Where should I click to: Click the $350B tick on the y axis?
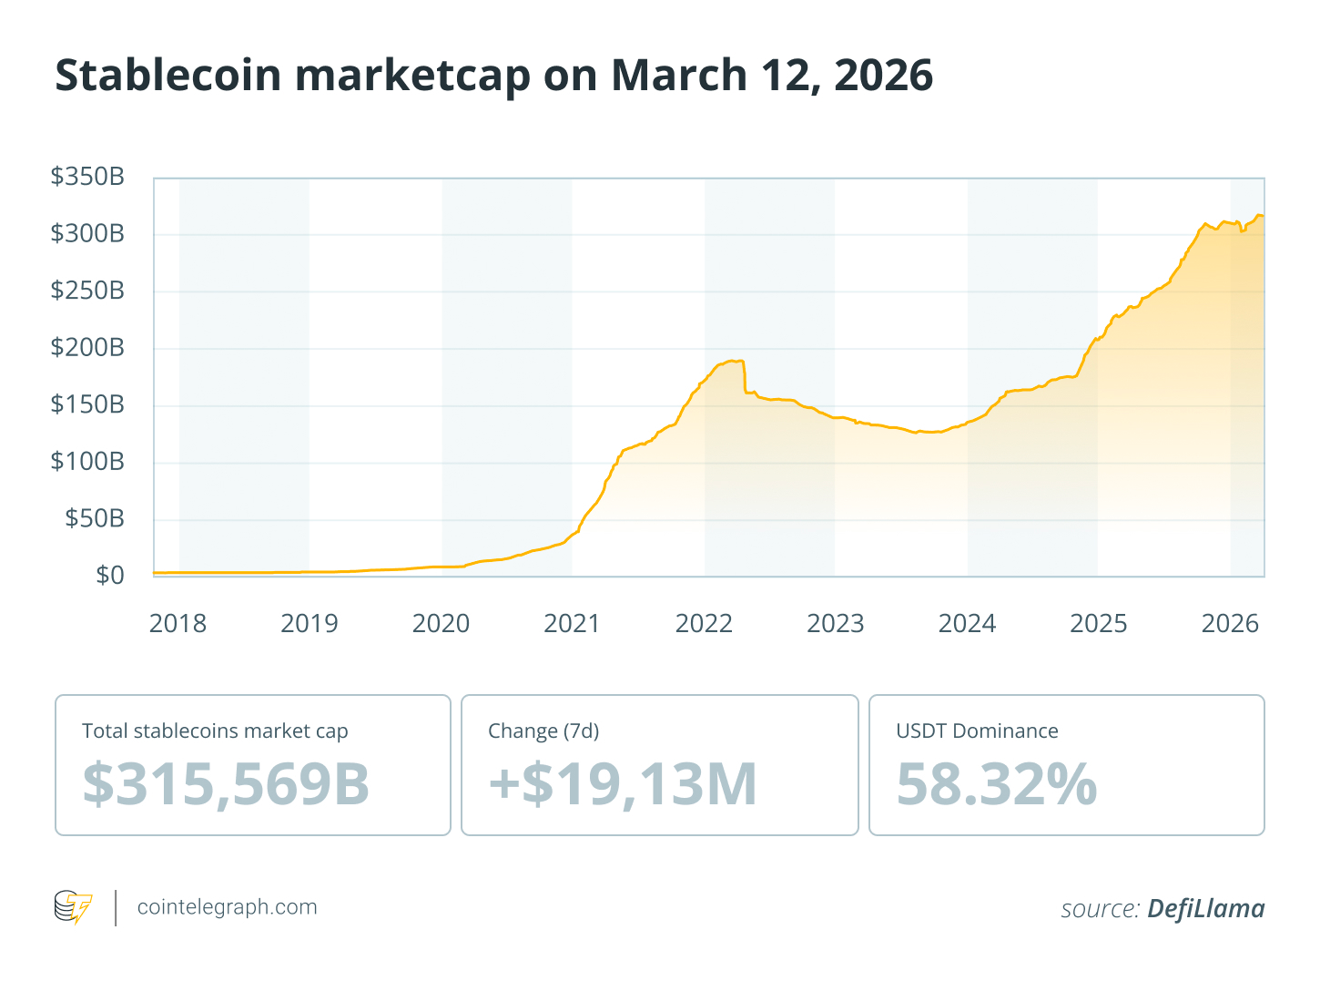tap(87, 177)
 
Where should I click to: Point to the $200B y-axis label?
tap(87, 347)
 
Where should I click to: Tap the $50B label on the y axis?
tap(95, 518)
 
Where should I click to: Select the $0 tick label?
tap(110, 575)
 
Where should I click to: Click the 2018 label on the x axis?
tap(178, 624)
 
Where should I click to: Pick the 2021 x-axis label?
tap(573, 624)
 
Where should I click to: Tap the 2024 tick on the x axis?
tap(967, 624)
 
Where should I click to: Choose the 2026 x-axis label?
tap(1230, 624)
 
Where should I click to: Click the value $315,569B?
tap(226, 783)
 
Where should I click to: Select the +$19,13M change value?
tap(623, 783)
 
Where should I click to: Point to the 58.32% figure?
tap(997, 783)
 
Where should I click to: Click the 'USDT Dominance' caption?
tap(977, 731)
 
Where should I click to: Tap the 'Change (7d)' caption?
tap(543, 731)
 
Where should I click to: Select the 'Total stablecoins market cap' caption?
tap(215, 731)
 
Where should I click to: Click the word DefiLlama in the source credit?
tap(1205, 908)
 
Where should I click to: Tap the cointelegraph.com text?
tap(227, 907)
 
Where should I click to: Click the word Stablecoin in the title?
tap(168, 75)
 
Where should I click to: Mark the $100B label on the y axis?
tap(87, 461)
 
